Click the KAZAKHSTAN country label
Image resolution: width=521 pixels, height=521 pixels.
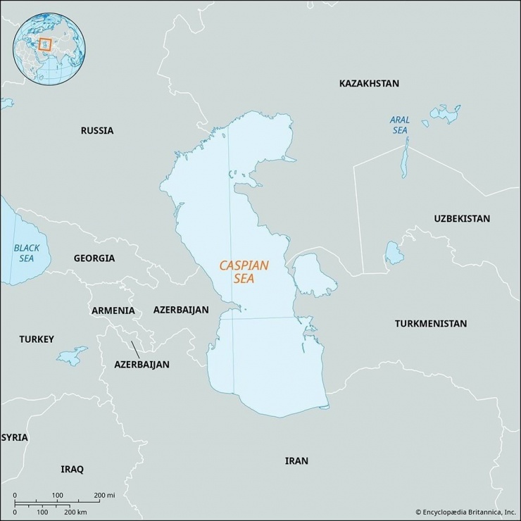[368, 83]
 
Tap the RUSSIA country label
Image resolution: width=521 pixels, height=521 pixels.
[96, 130]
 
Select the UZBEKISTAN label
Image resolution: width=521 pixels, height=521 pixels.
[461, 219]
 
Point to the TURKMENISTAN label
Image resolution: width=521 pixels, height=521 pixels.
[430, 324]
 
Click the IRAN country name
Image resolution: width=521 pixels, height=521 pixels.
[296, 460]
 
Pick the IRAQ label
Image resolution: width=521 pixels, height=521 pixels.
[72, 469]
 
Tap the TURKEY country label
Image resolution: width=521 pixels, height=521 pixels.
[36, 339]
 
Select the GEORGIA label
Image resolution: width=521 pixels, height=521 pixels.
[94, 258]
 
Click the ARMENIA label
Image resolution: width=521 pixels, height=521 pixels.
[113, 310]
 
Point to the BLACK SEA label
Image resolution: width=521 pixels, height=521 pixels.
[26, 253]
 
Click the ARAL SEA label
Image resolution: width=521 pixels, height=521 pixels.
[399, 125]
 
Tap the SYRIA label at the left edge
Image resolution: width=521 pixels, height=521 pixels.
[15, 437]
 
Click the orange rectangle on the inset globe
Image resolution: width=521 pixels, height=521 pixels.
[45, 45]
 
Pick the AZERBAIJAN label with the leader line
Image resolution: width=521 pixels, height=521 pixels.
[142, 365]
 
